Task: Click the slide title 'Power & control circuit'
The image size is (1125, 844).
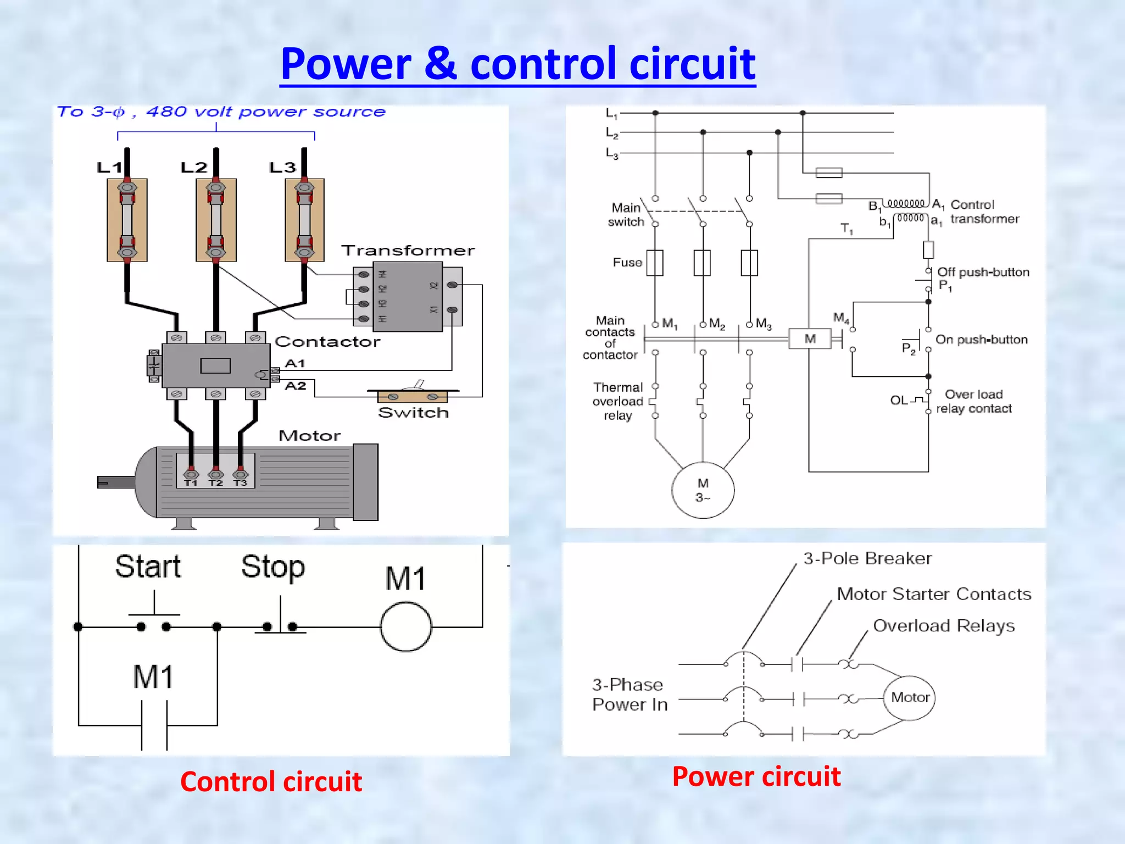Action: tap(517, 64)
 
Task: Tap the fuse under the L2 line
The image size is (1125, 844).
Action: tap(216, 220)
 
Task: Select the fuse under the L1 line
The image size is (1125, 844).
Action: tap(127, 220)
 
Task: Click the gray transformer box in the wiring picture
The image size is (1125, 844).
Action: tap(408, 297)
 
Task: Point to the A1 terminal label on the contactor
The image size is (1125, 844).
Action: tap(295, 363)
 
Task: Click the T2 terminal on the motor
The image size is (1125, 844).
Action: tap(216, 476)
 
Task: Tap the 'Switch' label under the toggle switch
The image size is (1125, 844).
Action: tap(413, 413)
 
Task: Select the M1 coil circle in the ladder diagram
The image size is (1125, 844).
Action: tap(406, 627)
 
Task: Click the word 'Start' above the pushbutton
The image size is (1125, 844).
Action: tap(148, 567)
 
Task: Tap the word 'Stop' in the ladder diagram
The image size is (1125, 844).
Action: tap(273, 567)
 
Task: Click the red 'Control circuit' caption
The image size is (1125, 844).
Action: tap(271, 781)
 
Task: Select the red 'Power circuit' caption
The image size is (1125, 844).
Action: tap(756, 776)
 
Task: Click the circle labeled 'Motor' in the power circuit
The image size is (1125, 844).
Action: tap(910, 698)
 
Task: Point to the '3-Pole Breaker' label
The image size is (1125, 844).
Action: tap(867, 559)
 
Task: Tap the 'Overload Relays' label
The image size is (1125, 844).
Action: tap(943, 626)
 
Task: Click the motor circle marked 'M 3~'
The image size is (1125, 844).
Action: tap(703, 490)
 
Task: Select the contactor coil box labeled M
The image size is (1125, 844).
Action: tap(810, 338)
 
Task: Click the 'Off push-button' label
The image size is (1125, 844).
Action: tap(983, 272)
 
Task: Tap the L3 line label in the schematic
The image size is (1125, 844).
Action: tap(611, 153)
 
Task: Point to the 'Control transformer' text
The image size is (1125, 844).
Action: tap(984, 212)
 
